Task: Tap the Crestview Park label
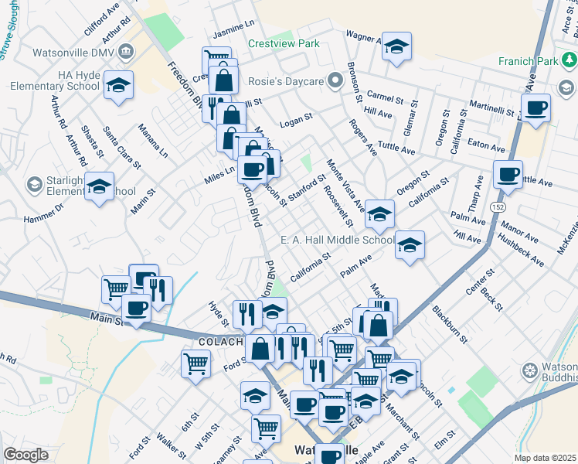pos(284,44)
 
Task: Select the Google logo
pos(25,455)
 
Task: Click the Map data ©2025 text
pos(544,458)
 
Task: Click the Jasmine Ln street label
pos(233,29)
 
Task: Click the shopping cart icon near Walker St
pos(196,363)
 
